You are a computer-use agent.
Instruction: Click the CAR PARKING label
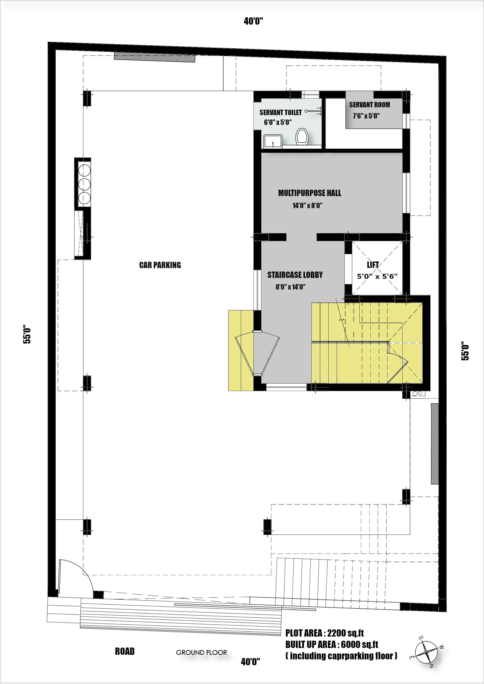point(160,265)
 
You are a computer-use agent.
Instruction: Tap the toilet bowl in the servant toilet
point(302,137)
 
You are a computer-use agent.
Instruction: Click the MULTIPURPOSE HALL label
point(310,193)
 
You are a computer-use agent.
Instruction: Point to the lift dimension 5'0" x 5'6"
point(377,277)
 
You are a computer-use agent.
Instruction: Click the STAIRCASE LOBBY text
point(295,275)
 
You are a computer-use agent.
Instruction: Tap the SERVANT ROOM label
point(370,105)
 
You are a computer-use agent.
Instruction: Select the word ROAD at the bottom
point(125,651)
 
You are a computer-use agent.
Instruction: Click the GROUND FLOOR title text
point(201,652)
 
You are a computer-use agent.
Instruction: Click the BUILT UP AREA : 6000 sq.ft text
point(332,645)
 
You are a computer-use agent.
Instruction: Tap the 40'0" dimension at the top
point(253,21)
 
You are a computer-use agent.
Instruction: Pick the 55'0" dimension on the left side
point(27,334)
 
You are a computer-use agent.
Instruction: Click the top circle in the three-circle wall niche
point(84,170)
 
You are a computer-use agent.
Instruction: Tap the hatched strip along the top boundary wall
point(155,57)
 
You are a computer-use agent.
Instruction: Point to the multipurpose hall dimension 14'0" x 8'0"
point(307,205)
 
